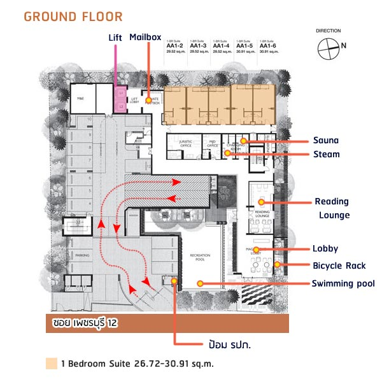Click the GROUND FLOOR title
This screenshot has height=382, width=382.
[x=73, y=16]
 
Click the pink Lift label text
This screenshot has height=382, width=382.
[x=115, y=38]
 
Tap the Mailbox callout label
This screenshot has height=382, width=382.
[x=145, y=37]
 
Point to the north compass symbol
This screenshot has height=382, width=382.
[x=329, y=46]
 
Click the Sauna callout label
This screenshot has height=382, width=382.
[x=326, y=140]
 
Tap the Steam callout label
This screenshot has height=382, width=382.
[x=327, y=154]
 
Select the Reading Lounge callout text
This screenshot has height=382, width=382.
[x=332, y=208]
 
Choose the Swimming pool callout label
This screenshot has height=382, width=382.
[x=343, y=283]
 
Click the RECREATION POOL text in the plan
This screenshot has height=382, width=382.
[x=200, y=257]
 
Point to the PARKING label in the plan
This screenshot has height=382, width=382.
[x=81, y=255]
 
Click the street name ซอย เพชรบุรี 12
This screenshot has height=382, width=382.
[x=85, y=324]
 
